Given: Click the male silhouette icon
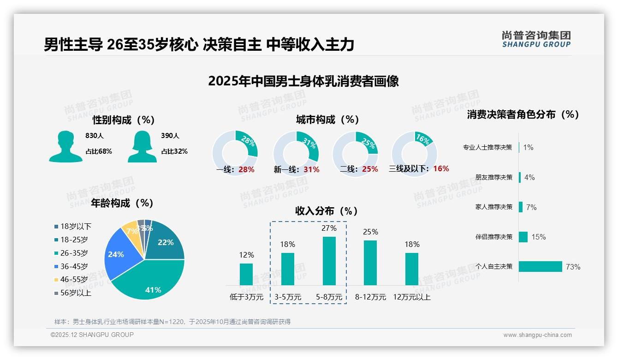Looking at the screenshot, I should [x=65, y=146].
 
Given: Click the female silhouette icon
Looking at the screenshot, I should [x=142, y=146].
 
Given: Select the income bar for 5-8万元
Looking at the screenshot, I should [x=329, y=261].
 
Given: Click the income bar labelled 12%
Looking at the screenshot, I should [x=246, y=274].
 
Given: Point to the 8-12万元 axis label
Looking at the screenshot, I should [x=370, y=297].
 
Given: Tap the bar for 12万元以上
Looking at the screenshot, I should [x=412, y=269].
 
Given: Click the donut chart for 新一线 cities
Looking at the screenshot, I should [x=296, y=153].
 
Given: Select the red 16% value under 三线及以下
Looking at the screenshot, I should [x=441, y=169].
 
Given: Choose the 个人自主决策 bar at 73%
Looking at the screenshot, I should [x=541, y=266].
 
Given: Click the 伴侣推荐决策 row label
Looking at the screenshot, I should [x=493, y=237].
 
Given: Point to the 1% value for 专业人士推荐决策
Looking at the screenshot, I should [x=528, y=148].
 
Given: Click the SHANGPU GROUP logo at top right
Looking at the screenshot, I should [x=536, y=39].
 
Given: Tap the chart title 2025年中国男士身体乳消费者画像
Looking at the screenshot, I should [x=303, y=81].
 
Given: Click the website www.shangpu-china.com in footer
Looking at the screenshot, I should [x=537, y=335].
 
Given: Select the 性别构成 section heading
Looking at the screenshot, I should [x=124, y=120].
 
